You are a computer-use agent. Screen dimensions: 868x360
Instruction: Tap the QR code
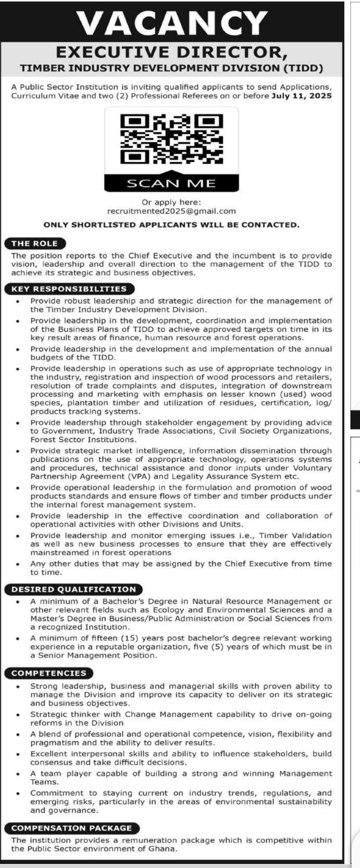point(171,139)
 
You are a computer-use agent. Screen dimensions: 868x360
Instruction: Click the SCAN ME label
point(171,183)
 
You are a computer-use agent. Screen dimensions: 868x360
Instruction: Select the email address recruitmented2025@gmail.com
point(171,211)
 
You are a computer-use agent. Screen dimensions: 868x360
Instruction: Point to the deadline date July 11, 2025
point(302,96)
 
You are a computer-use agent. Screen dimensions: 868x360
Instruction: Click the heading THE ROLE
point(35,244)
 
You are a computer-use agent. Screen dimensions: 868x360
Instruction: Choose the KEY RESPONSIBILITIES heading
point(69,289)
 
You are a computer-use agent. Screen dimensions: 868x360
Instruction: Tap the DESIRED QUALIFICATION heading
point(73,589)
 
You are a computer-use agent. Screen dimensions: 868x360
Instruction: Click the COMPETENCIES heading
point(49,673)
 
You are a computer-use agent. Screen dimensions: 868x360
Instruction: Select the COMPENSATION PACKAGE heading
point(72,828)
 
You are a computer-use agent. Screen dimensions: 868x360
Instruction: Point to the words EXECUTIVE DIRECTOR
point(171,52)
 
